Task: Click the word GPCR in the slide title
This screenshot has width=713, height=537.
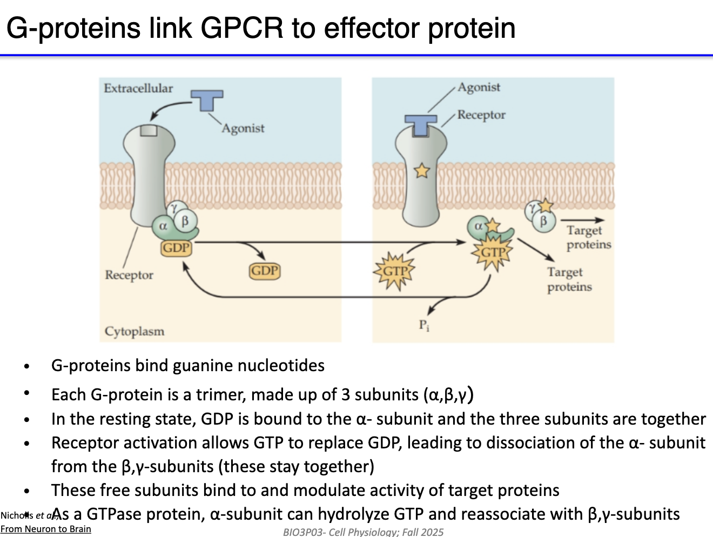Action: point(242,28)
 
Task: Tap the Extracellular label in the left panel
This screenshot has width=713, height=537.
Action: point(138,88)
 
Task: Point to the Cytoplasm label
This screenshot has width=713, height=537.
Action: point(134,331)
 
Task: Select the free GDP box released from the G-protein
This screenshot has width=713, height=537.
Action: point(265,271)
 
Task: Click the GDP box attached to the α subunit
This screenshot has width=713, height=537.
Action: point(176,248)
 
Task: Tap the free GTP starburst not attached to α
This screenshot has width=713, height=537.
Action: point(394,271)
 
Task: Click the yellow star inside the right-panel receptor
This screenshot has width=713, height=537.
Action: point(421,171)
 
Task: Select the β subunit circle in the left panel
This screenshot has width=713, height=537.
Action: point(185,220)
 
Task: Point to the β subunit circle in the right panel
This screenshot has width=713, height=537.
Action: point(543,221)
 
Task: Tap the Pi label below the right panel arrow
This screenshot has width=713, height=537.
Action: point(424,325)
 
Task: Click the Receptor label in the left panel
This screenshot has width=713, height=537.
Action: point(129,275)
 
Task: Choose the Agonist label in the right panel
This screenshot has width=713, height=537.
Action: point(479,88)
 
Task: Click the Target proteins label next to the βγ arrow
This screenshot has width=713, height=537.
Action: point(588,237)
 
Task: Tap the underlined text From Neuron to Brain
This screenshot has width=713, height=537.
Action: point(45,529)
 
